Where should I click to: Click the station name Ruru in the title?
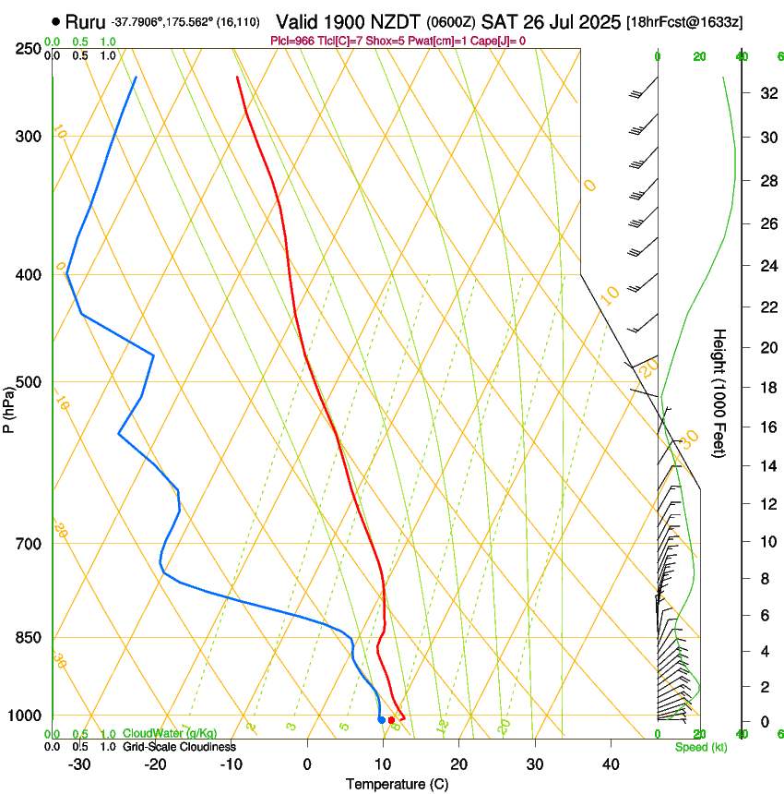[x=85, y=20]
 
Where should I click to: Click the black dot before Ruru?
[x=57, y=20]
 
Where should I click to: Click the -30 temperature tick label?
[x=79, y=764]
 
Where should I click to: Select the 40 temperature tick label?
[x=610, y=764]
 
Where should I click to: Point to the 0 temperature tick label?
[x=307, y=764]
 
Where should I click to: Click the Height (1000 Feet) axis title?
[x=720, y=393]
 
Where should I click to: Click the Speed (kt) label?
[x=700, y=747]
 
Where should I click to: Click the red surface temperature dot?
[x=392, y=720]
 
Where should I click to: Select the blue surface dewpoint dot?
[x=382, y=720]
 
